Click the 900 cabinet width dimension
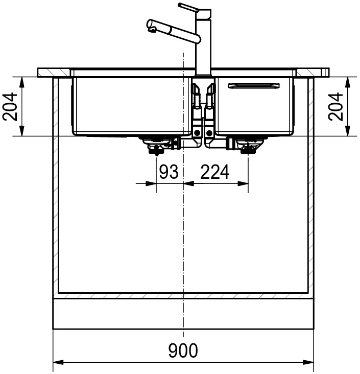pyautogui.click(x=183, y=350)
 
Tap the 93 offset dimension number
pyautogui.click(x=169, y=172)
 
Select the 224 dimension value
pyautogui.click(x=215, y=172)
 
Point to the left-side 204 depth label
pyautogui.click(x=10, y=107)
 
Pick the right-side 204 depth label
pyautogui.click(x=335, y=107)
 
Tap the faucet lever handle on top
pyautogui.click(x=188, y=7)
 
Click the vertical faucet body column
pyautogui.click(x=203, y=48)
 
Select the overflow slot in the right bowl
pyautogui.click(x=254, y=85)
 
